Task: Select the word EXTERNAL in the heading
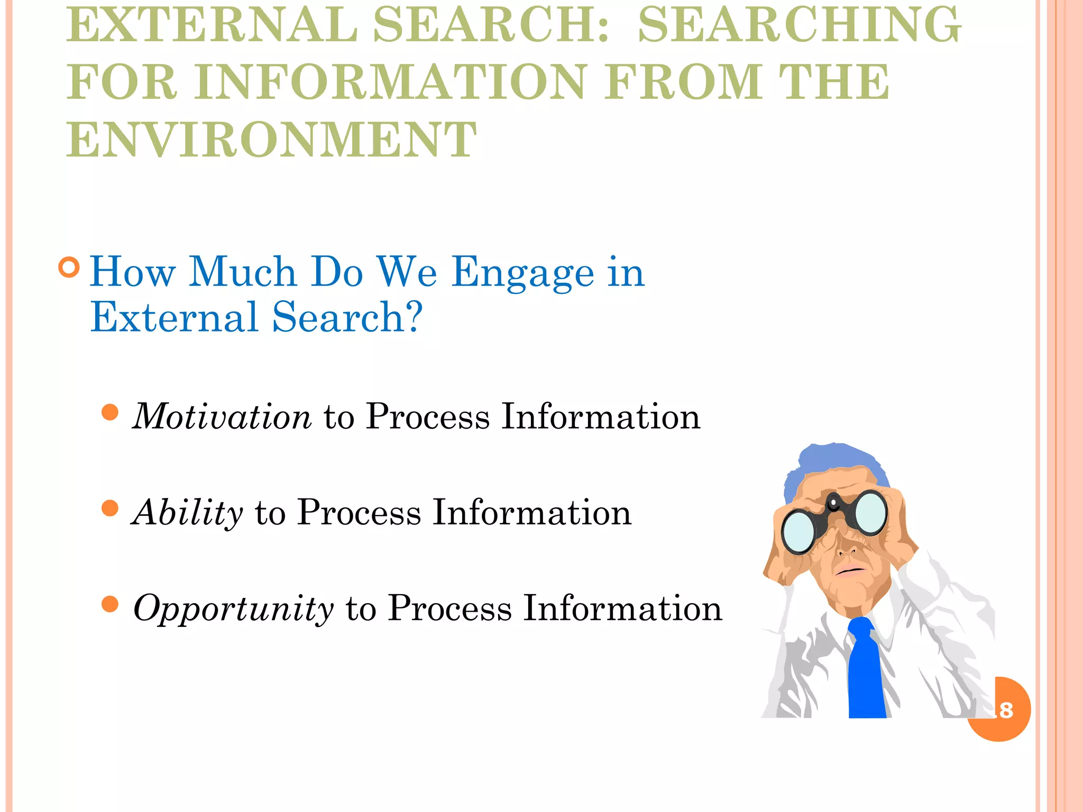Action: pos(212,25)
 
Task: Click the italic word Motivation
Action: pos(222,417)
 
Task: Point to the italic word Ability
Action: pos(188,513)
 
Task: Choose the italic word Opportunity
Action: pos(233,608)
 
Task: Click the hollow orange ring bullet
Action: pos(69,267)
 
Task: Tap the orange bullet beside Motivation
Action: pos(110,412)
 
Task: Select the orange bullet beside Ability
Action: pos(110,508)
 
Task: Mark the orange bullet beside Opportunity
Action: pos(110,604)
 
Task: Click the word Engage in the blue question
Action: pos(522,273)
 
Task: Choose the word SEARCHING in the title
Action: pos(800,25)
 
